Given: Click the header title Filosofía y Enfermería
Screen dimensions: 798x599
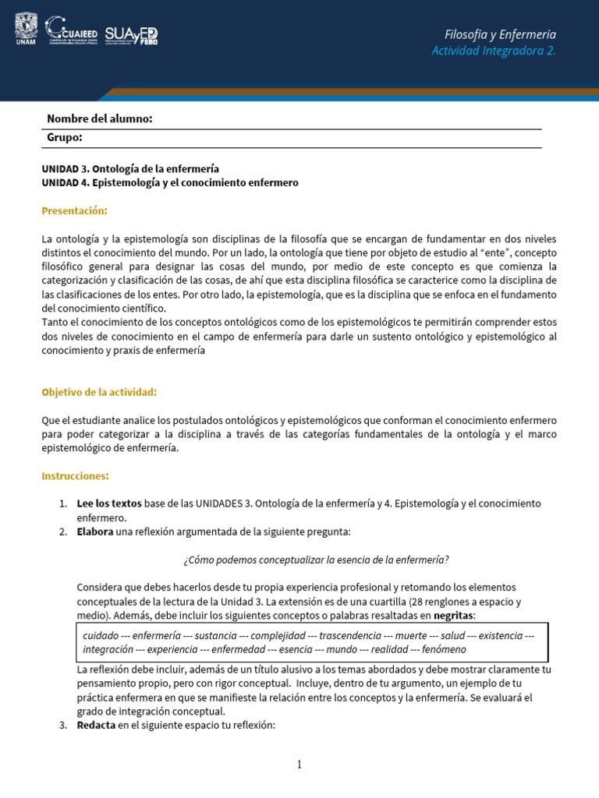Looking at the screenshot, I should point(500,34).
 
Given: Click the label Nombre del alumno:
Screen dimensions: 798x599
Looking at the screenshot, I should point(99,118).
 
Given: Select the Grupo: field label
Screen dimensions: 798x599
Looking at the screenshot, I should point(65,137).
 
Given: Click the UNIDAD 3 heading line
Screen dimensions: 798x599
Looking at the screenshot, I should point(130,168).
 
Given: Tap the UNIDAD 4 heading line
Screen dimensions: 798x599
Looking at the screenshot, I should point(169,182).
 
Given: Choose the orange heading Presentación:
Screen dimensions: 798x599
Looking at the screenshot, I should point(74,211).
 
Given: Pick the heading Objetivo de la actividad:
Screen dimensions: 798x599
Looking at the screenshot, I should point(99,392).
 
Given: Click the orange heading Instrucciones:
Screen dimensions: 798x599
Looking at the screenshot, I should point(75,475).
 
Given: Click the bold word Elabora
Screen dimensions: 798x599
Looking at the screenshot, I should point(95,531).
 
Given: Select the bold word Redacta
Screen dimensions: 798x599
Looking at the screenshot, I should point(96,726).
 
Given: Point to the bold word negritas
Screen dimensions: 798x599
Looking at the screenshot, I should point(454,616).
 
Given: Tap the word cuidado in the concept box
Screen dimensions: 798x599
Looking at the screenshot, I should point(101,636).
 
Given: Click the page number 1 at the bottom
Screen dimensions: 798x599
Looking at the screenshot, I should point(299,765).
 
